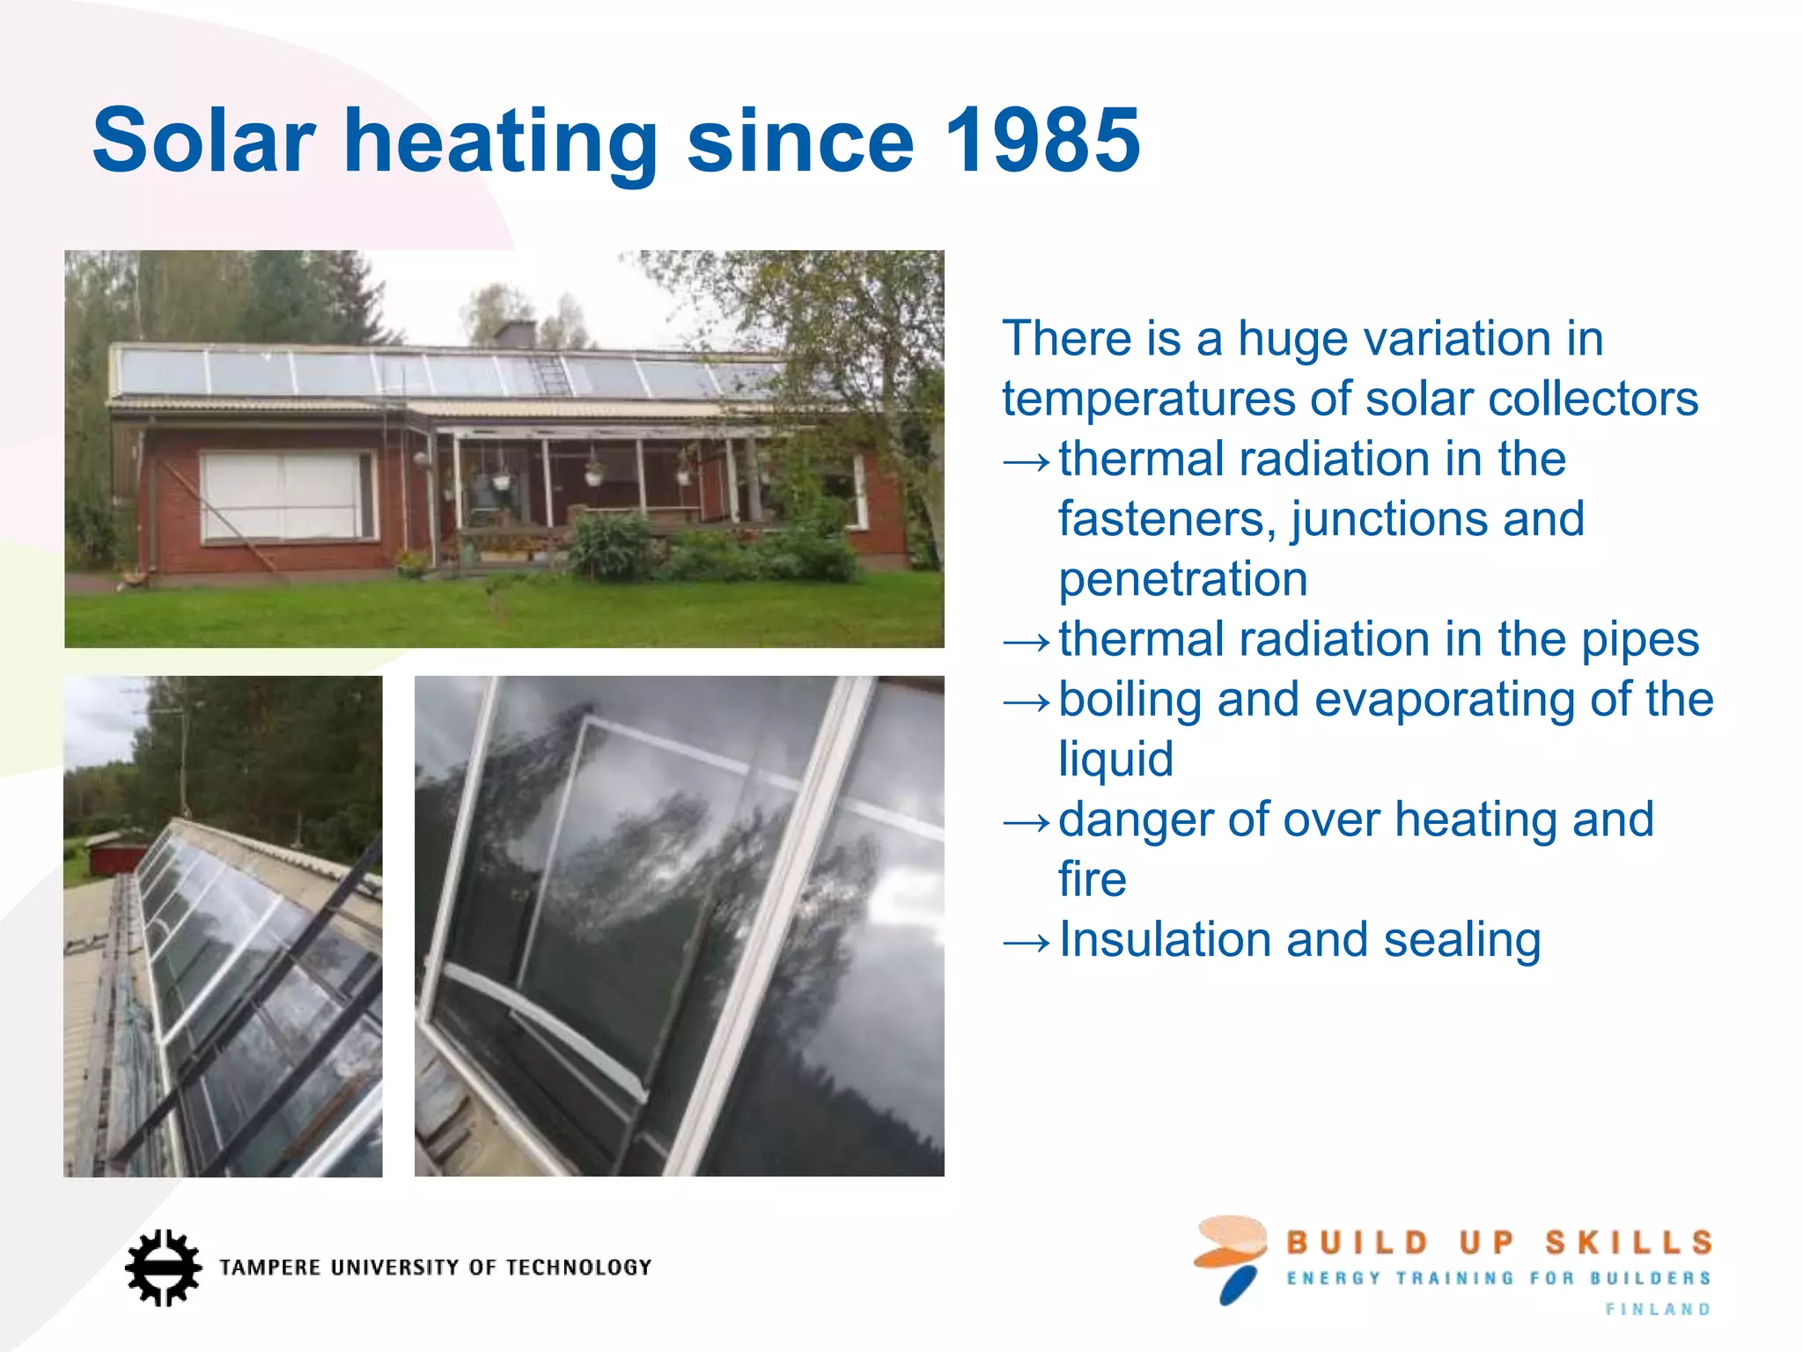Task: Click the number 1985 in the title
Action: (x=1041, y=141)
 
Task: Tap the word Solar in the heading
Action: (x=203, y=141)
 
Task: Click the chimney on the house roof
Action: (x=515, y=334)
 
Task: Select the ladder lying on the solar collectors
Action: (x=551, y=373)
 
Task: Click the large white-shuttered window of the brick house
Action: (x=287, y=496)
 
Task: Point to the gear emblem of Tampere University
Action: (x=163, y=1267)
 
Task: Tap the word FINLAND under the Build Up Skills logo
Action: (x=1657, y=1310)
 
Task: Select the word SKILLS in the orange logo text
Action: (x=1629, y=1243)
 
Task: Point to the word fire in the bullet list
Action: (x=1092, y=879)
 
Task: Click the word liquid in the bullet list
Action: (x=1115, y=759)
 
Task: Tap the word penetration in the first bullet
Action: (x=1182, y=579)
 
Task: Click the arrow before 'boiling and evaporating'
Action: (x=1027, y=702)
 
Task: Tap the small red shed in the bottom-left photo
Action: (x=120, y=856)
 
